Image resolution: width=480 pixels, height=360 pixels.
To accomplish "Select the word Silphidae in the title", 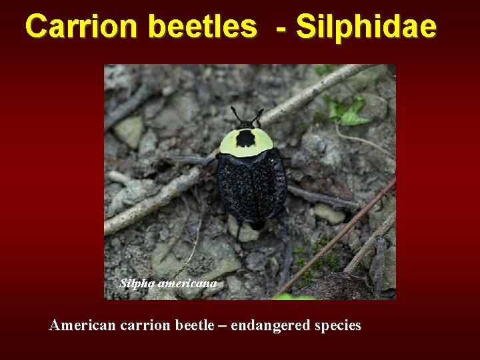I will point(366,27).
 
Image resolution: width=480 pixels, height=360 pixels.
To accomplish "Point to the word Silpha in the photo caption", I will point(137,283).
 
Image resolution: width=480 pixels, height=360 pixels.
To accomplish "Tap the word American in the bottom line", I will point(81,325).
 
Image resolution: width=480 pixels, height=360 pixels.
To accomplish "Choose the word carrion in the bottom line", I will point(140,325).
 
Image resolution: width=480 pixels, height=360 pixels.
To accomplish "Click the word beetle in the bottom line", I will point(189,325).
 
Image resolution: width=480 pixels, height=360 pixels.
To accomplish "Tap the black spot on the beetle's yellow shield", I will point(246,139).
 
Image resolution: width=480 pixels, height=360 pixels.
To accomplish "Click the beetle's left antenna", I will point(235,114).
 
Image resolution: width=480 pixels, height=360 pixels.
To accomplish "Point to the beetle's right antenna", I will point(258,115).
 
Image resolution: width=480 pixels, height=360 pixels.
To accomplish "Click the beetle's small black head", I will point(246,125).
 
